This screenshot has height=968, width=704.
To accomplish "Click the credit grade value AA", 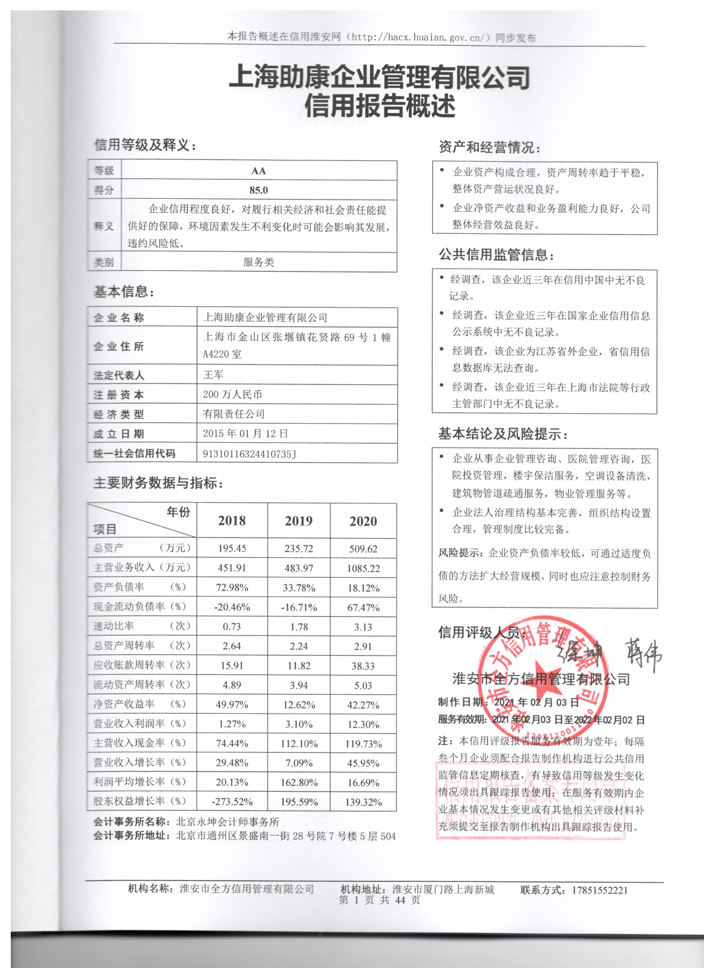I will pyautogui.click(x=259, y=171).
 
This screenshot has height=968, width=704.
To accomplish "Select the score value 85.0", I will pyautogui.click(x=259, y=190).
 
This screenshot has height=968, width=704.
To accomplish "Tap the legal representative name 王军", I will pyautogui.click(x=213, y=375).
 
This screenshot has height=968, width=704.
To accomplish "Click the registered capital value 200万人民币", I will pyautogui.click(x=232, y=395).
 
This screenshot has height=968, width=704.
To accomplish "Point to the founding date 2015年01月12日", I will pyautogui.click(x=246, y=433).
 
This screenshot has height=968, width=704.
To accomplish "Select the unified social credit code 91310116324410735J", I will pyautogui.click(x=250, y=454).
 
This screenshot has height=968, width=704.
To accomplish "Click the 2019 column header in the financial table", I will pyautogui.click(x=299, y=521).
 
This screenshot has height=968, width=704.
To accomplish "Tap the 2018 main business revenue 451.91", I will pyautogui.click(x=232, y=568).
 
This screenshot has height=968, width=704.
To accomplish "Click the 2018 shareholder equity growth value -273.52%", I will pyautogui.click(x=232, y=802).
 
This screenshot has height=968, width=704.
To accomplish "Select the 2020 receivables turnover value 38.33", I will pyautogui.click(x=363, y=666).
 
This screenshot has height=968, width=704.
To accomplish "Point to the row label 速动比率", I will pyautogui.click(x=113, y=626).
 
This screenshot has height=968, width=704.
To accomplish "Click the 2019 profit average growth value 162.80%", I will pyautogui.click(x=299, y=783).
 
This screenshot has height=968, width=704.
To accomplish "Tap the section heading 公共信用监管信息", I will pyautogui.click(x=497, y=255).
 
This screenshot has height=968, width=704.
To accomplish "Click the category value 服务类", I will pyautogui.click(x=259, y=262).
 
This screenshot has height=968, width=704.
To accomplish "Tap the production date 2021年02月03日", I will pyautogui.click(x=536, y=702).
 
